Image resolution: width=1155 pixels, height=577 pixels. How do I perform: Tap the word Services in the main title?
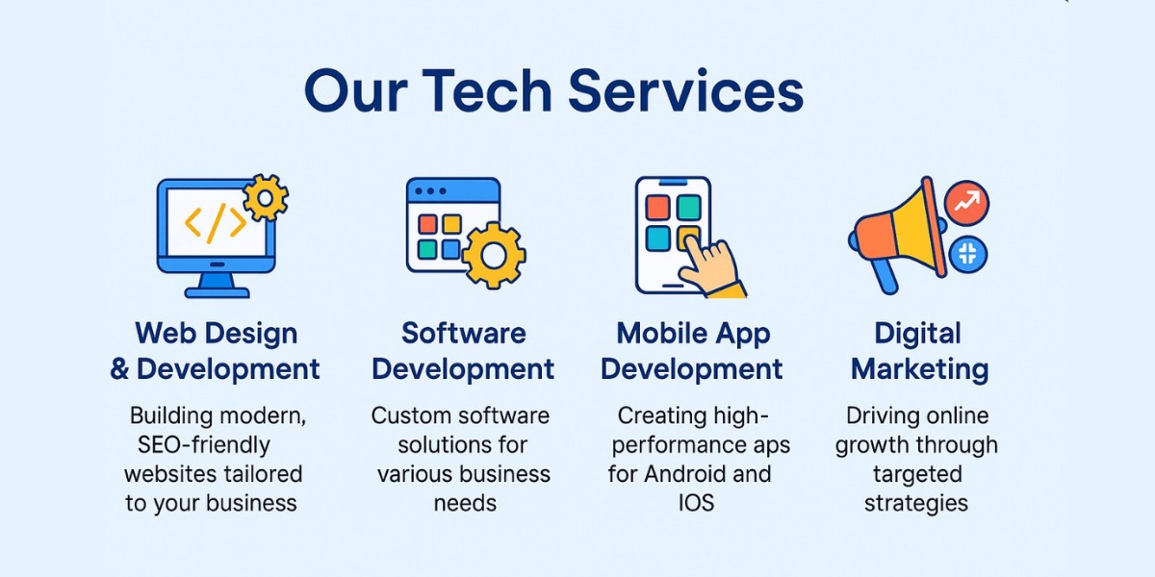[x=685, y=90]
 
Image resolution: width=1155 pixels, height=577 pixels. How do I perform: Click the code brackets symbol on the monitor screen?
[x=216, y=223]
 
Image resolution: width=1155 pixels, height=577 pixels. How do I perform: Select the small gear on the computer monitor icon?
[x=266, y=198]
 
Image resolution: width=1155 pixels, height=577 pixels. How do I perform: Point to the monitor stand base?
[x=218, y=293]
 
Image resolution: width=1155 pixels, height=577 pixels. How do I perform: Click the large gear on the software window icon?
[x=494, y=256]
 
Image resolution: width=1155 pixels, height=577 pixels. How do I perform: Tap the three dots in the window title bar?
[x=430, y=191]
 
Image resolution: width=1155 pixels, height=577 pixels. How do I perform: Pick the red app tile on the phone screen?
[x=658, y=207]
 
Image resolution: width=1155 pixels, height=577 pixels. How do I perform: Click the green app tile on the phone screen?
[x=689, y=207]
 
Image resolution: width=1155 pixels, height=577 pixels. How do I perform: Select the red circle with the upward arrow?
[x=966, y=203]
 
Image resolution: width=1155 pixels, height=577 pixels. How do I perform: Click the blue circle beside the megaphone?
[x=968, y=255]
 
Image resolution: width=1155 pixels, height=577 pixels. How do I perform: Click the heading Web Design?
[x=217, y=334]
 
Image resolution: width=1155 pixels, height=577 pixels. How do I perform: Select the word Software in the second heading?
[x=464, y=333]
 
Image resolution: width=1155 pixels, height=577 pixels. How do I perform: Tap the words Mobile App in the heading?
[x=694, y=335]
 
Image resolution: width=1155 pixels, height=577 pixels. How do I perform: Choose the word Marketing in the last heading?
[x=920, y=370]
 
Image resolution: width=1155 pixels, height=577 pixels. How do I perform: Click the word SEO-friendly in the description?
[x=204, y=445]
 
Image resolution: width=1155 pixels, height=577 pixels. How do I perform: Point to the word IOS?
[x=696, y=503]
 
